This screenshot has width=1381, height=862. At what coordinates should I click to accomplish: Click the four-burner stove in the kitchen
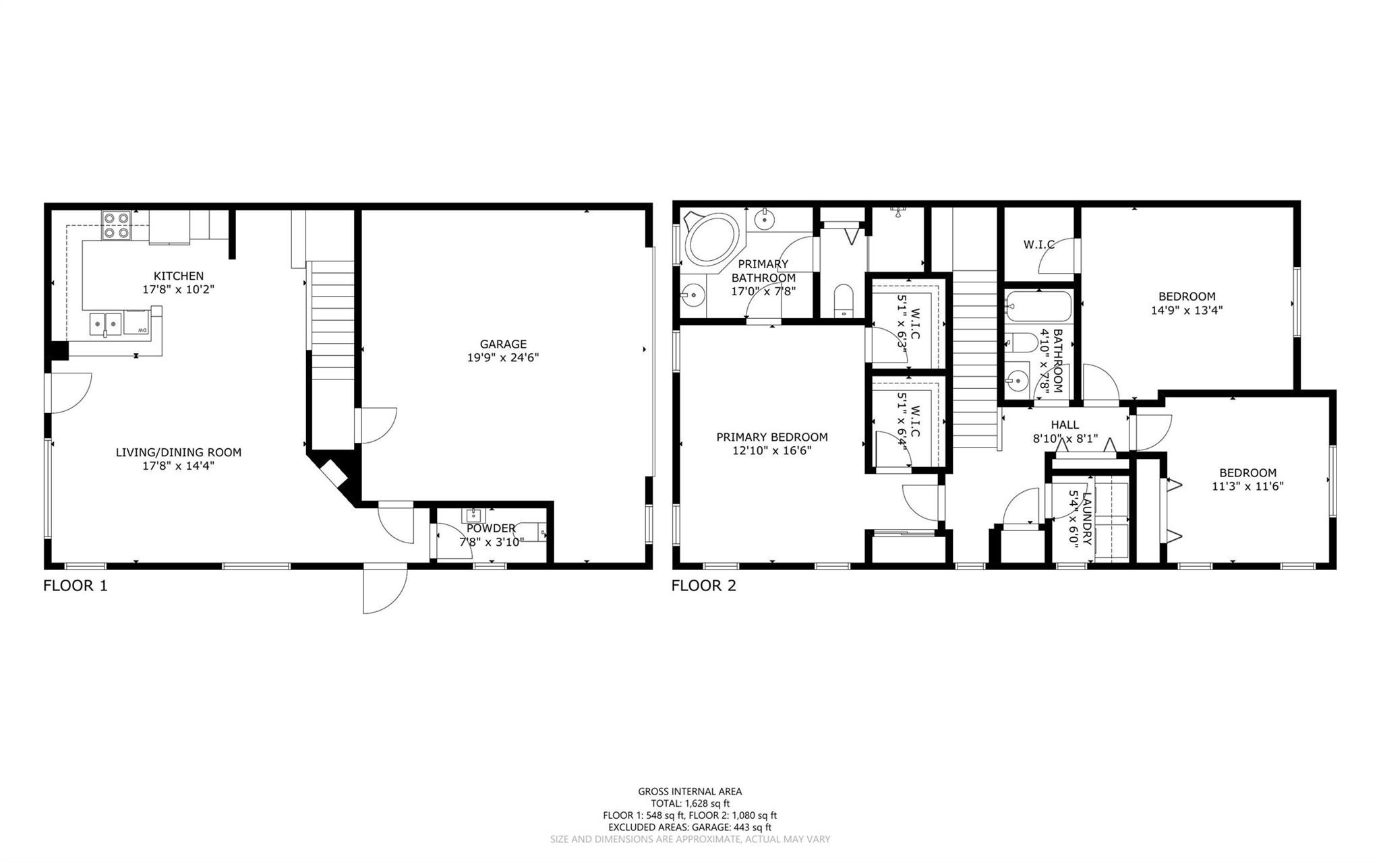tap(116, 225)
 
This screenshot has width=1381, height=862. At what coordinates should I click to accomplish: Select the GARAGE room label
tap(503, 344)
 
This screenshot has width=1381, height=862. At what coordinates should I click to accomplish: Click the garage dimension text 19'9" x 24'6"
tap(503, 358)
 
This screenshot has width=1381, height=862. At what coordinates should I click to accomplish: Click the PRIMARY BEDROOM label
tap(771, 437)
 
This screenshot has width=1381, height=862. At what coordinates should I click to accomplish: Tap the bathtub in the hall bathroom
tap(1037, 307)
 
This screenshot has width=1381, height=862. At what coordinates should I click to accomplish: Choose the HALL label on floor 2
tap(1064, 425)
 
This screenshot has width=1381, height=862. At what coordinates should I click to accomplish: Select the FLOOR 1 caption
tap(75, 586)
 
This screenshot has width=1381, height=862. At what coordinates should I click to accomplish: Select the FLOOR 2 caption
tap(703, 586)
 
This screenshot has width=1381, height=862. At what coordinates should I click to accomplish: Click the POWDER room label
tap(491, 528)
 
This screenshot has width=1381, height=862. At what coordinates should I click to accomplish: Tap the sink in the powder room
tap(473, 516)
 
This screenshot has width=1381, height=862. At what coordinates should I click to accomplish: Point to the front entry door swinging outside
tap(384, 590)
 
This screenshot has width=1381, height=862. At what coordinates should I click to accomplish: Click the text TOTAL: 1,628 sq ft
tap(690, 803)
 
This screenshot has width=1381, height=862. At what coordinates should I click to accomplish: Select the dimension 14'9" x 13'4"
tap(1186, 311)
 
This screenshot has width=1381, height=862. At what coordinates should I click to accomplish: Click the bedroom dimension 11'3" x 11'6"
tap(1247, 487)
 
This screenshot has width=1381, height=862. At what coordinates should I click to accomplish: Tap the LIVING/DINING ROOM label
tap(178, 452)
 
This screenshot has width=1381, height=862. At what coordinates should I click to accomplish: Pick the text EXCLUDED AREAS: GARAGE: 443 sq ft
tap(690, 827)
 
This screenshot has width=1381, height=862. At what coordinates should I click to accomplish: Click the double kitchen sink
tap(105, 324)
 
